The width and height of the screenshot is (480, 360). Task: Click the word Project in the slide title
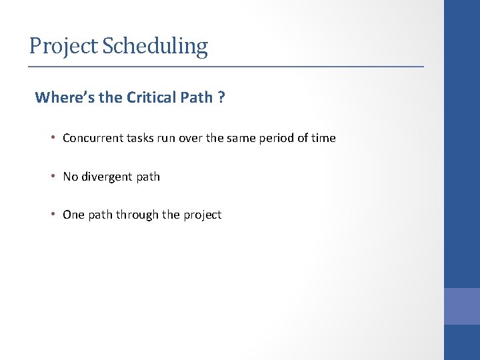pos(64,47)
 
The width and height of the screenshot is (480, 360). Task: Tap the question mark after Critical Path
pos(221,98)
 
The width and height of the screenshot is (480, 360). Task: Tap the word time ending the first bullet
pos(323,139)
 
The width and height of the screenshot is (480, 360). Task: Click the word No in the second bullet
pos(70,177)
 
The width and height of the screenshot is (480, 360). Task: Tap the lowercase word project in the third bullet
pos(202,215)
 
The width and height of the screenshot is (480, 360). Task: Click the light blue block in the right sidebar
pos(462,306)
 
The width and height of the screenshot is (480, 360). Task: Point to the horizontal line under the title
pos(225,67)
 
